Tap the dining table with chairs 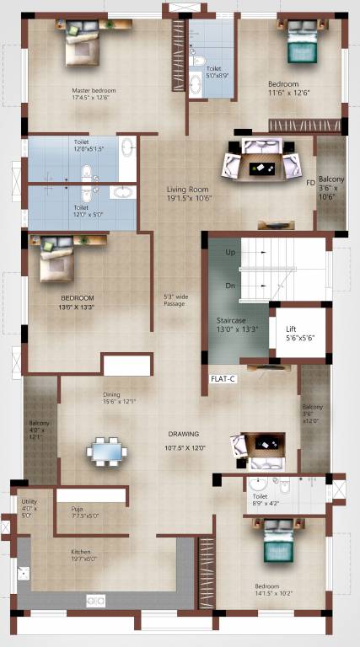(x=107, y=452)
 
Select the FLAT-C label (x=223, y=379)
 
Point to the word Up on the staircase (x=229, y=252)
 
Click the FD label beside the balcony (x=310, y=182)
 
